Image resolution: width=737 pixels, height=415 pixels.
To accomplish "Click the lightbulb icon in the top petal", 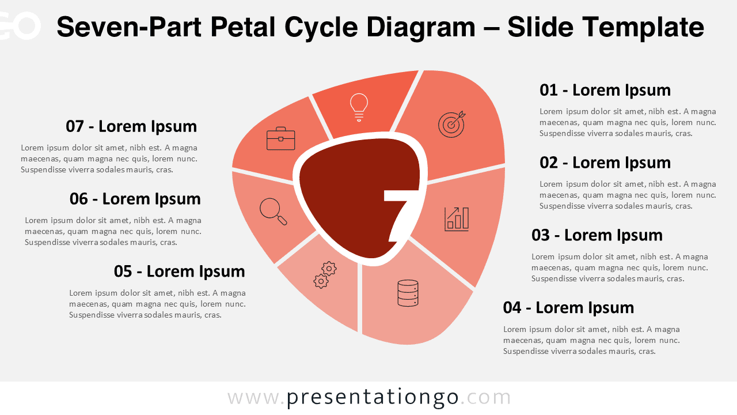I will click(x=359, y=107).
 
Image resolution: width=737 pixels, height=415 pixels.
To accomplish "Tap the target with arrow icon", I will click(x=452, y=124).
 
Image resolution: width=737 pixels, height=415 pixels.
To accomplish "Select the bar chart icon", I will click(x=457, y=219).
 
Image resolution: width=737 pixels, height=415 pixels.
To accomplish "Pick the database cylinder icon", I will click(x=408, y=293).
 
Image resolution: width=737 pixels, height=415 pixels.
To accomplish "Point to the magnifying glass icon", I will click(x=273, y=211).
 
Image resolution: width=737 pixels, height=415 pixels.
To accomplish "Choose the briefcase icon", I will click(x=281, y=139).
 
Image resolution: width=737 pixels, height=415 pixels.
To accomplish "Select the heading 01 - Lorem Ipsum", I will click(x=605, y=90).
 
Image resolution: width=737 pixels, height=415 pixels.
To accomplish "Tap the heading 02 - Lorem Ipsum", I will click(x=605, y=163).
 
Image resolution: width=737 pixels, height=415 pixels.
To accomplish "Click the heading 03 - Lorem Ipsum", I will click(x=597, y=235).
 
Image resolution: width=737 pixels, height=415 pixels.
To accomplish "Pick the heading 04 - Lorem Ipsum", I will click(x=568, y=308).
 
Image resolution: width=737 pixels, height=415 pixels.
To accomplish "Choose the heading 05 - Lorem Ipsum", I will click(x=180, y=271).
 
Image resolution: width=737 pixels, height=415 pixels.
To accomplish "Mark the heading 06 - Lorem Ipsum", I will click(x=135, y=199).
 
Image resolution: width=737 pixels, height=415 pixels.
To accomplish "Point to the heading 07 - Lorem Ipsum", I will click(x=131, y=126).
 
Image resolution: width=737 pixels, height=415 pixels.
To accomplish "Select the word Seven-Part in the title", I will click(x=128, y=27).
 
